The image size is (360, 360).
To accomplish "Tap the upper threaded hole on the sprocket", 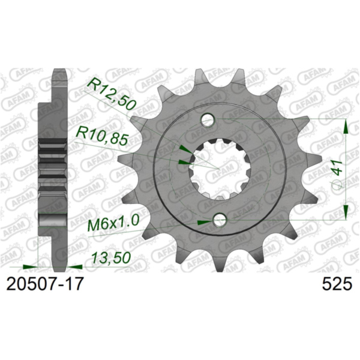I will tap(208, 120).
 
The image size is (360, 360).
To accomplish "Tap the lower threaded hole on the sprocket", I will tap(220, 221).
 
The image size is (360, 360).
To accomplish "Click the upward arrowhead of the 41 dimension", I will tap(346, 126).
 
